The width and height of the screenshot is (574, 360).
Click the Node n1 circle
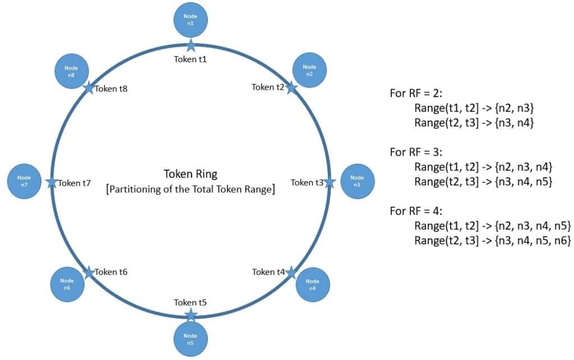click(190, 20)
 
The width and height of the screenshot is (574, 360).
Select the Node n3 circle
click(357, 181)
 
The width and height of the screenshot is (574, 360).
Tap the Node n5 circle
click(190, 339)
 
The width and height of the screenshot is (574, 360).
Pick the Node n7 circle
click(24, 181)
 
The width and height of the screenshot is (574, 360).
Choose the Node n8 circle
click(71, 71)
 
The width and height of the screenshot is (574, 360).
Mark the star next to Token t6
click(88, 272)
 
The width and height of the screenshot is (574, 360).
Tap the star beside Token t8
click(88, 87)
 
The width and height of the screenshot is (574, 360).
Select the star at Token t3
click(330, 182)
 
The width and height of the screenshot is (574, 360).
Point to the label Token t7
click(75, 182)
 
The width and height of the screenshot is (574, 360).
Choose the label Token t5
click(191, 303)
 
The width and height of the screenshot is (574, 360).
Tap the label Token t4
click(269, 272)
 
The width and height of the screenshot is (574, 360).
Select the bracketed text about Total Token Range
click(190, 190)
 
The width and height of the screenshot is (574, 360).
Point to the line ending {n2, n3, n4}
click(484, 167)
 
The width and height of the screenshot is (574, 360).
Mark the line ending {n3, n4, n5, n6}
click(492, 241)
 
